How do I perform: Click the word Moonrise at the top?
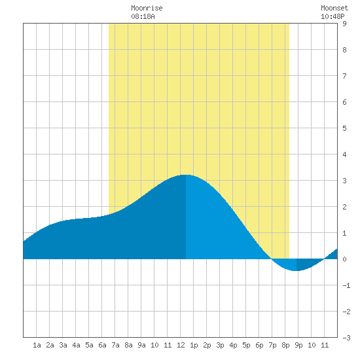147,8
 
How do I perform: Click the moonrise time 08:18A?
143,16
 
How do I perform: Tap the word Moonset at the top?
334,8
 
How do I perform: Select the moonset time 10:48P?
333,16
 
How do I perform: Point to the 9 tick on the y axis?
344,24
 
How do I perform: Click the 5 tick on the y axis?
344,128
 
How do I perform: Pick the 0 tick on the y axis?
344,259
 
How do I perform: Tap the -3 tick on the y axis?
346,338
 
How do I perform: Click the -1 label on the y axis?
346,285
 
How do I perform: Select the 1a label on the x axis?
37,345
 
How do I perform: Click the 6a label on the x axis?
102,345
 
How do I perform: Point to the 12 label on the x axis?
181,345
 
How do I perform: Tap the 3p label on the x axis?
220,345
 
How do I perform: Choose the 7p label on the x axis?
272,345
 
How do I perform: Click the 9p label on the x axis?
298,345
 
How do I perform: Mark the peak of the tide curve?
186,175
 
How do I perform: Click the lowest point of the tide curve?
296,271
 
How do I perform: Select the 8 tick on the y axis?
344,50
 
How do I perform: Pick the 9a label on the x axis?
141,345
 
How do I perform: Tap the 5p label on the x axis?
246,345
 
